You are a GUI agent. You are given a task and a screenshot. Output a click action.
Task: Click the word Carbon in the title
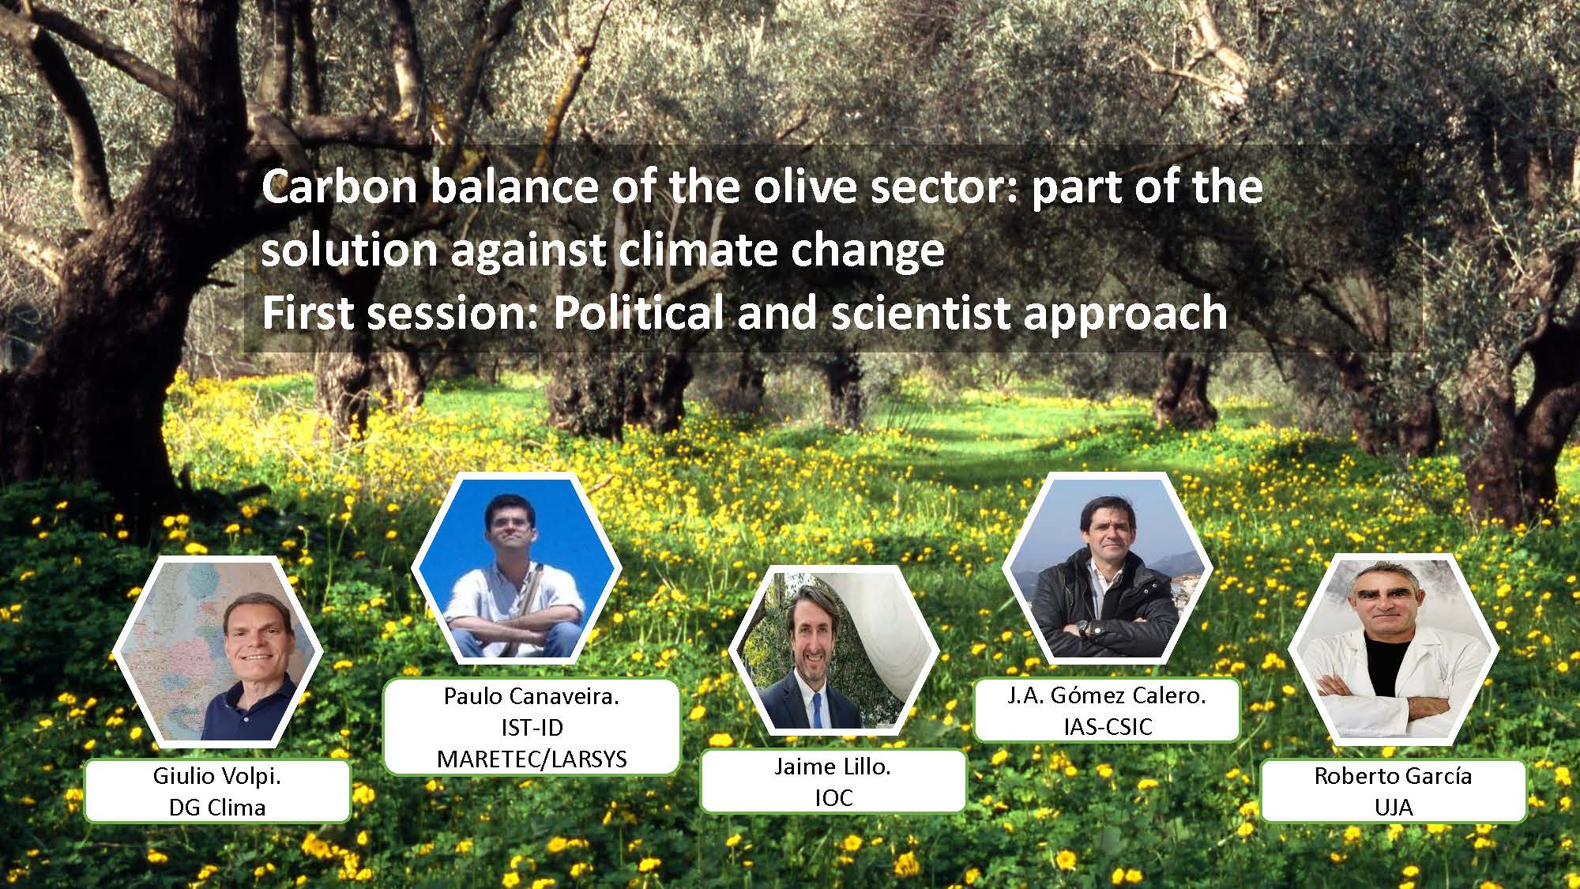pos(340,187)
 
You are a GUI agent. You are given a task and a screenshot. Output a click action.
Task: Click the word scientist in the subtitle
pos(920,313)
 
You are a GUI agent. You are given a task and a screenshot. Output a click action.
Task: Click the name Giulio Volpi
pos(217,776)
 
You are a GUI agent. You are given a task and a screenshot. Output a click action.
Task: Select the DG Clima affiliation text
pos(217,808)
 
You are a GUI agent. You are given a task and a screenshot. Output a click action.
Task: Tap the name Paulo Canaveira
pos(532,696)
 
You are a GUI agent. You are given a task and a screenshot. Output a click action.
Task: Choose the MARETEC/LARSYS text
pos(532,759)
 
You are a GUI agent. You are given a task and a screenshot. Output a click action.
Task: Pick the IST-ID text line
pos(532,728)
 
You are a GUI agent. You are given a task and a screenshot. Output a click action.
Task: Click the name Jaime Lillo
pos(833,767)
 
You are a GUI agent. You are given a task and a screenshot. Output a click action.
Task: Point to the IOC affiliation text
pos(833,798)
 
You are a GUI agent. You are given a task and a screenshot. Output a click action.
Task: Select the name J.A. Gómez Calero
pos(1106,697)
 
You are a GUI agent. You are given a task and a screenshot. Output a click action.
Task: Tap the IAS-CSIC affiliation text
pos(1107,727)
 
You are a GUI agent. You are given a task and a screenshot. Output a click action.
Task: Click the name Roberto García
pos(1393,776)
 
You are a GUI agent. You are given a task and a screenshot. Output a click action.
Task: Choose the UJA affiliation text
pos(1393,808)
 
